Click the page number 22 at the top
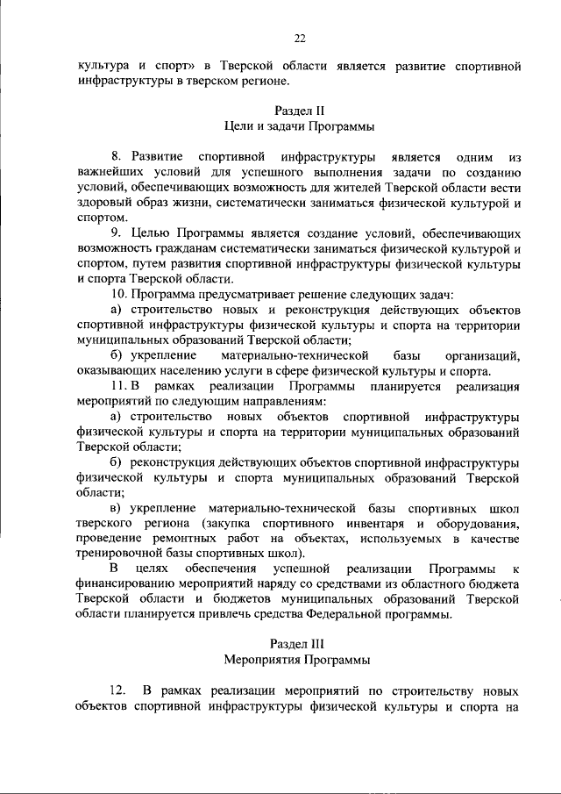(300, 39)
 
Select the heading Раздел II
(300, 111)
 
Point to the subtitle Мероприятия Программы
(300, 659)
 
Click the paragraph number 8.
(128, 157)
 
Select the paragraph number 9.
(115, 233)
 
